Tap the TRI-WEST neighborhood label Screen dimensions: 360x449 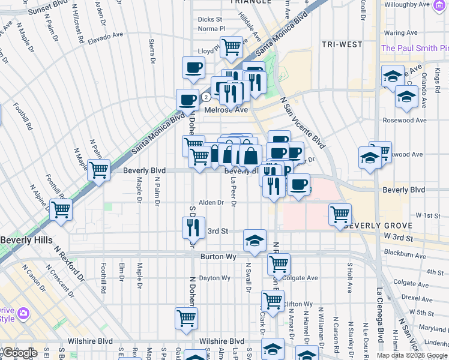tap(342, 44)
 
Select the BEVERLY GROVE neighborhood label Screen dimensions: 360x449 tap(380, 226)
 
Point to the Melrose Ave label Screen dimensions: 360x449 tap(226, 110)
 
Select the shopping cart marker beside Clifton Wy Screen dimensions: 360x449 tap(273, 301)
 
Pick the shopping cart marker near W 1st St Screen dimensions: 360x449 tap(340, 214)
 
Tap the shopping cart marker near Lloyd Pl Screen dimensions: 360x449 tap(231, 46)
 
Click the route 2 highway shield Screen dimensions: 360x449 tap(206, 96)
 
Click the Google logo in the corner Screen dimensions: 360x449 tap(19, 353)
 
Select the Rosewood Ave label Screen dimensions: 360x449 tap(405, 120)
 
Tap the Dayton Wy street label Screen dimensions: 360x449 tap(214, 278)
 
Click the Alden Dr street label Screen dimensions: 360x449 tap(211, 203)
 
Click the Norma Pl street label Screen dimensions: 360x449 tap(211, 28)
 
